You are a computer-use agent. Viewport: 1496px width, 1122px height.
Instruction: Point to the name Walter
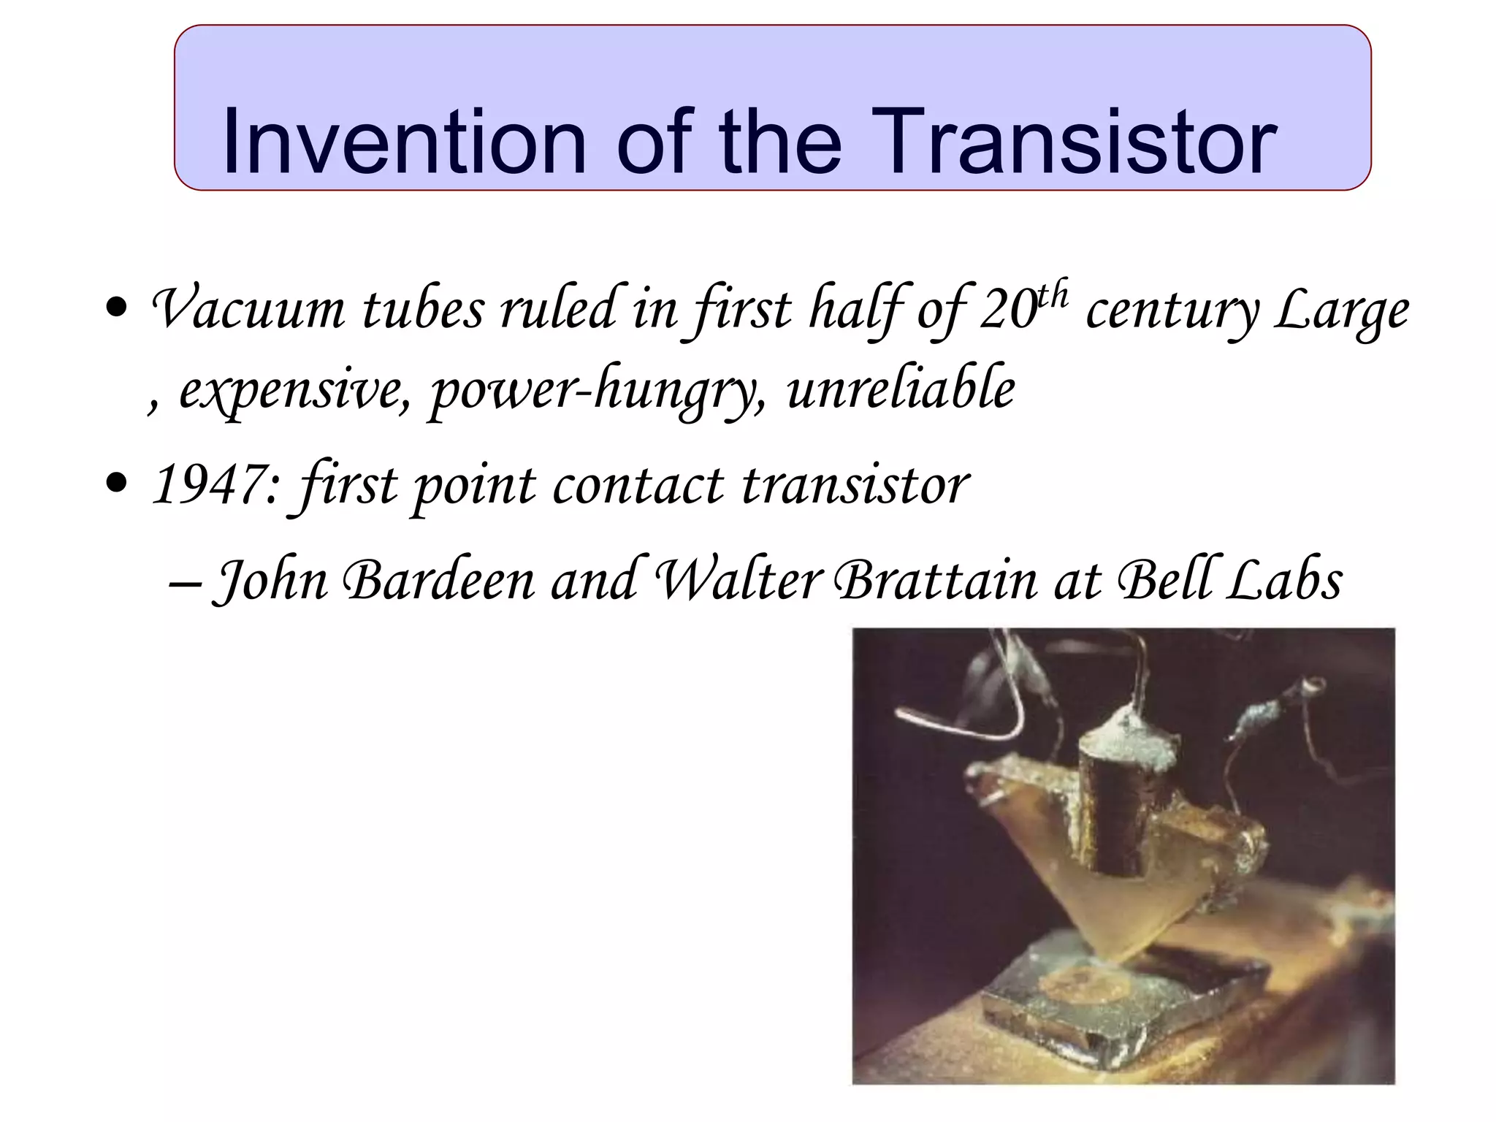point(740,581)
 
